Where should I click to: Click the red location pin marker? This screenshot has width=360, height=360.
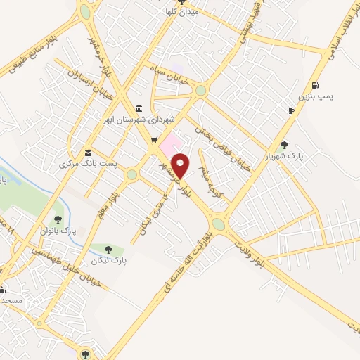tap(181, 165)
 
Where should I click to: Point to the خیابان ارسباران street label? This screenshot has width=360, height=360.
tap(84, 84)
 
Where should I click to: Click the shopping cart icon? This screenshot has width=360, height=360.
tap(154, 140)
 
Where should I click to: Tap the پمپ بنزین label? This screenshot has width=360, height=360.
tap(314, 95)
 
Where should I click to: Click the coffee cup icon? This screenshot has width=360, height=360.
tap(291, 111)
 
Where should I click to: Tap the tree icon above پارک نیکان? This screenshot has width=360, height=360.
tap(108, 249)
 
